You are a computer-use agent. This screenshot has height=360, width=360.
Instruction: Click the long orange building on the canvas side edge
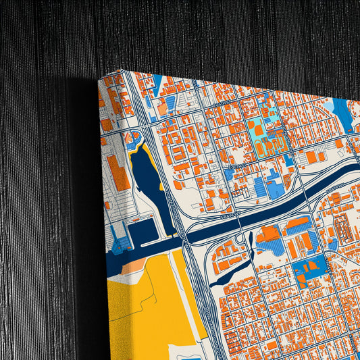(x=119, y=172)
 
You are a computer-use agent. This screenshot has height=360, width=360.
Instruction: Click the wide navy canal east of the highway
(x=284, y=203)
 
